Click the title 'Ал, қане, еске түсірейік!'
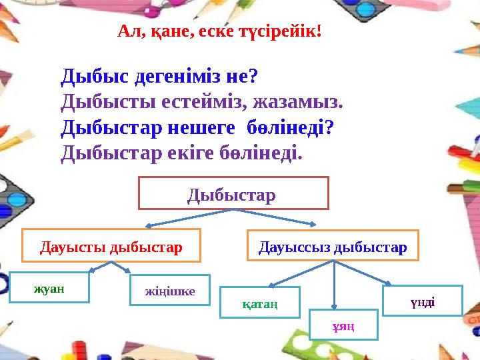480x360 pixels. [x=219, y=31]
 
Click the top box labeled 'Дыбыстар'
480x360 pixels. [x=233, y=193]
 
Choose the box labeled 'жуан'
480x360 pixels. [x=49, y=287]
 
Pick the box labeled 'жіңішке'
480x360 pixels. [x=170, y=291]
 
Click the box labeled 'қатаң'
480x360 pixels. [x=260, y=303]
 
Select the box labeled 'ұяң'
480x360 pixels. [x=343, y=325]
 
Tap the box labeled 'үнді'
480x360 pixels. [x=422, y=301]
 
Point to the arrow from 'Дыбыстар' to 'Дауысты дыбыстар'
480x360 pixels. [x=187, y=219]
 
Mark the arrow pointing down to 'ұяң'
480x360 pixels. [x=333, y=287]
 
